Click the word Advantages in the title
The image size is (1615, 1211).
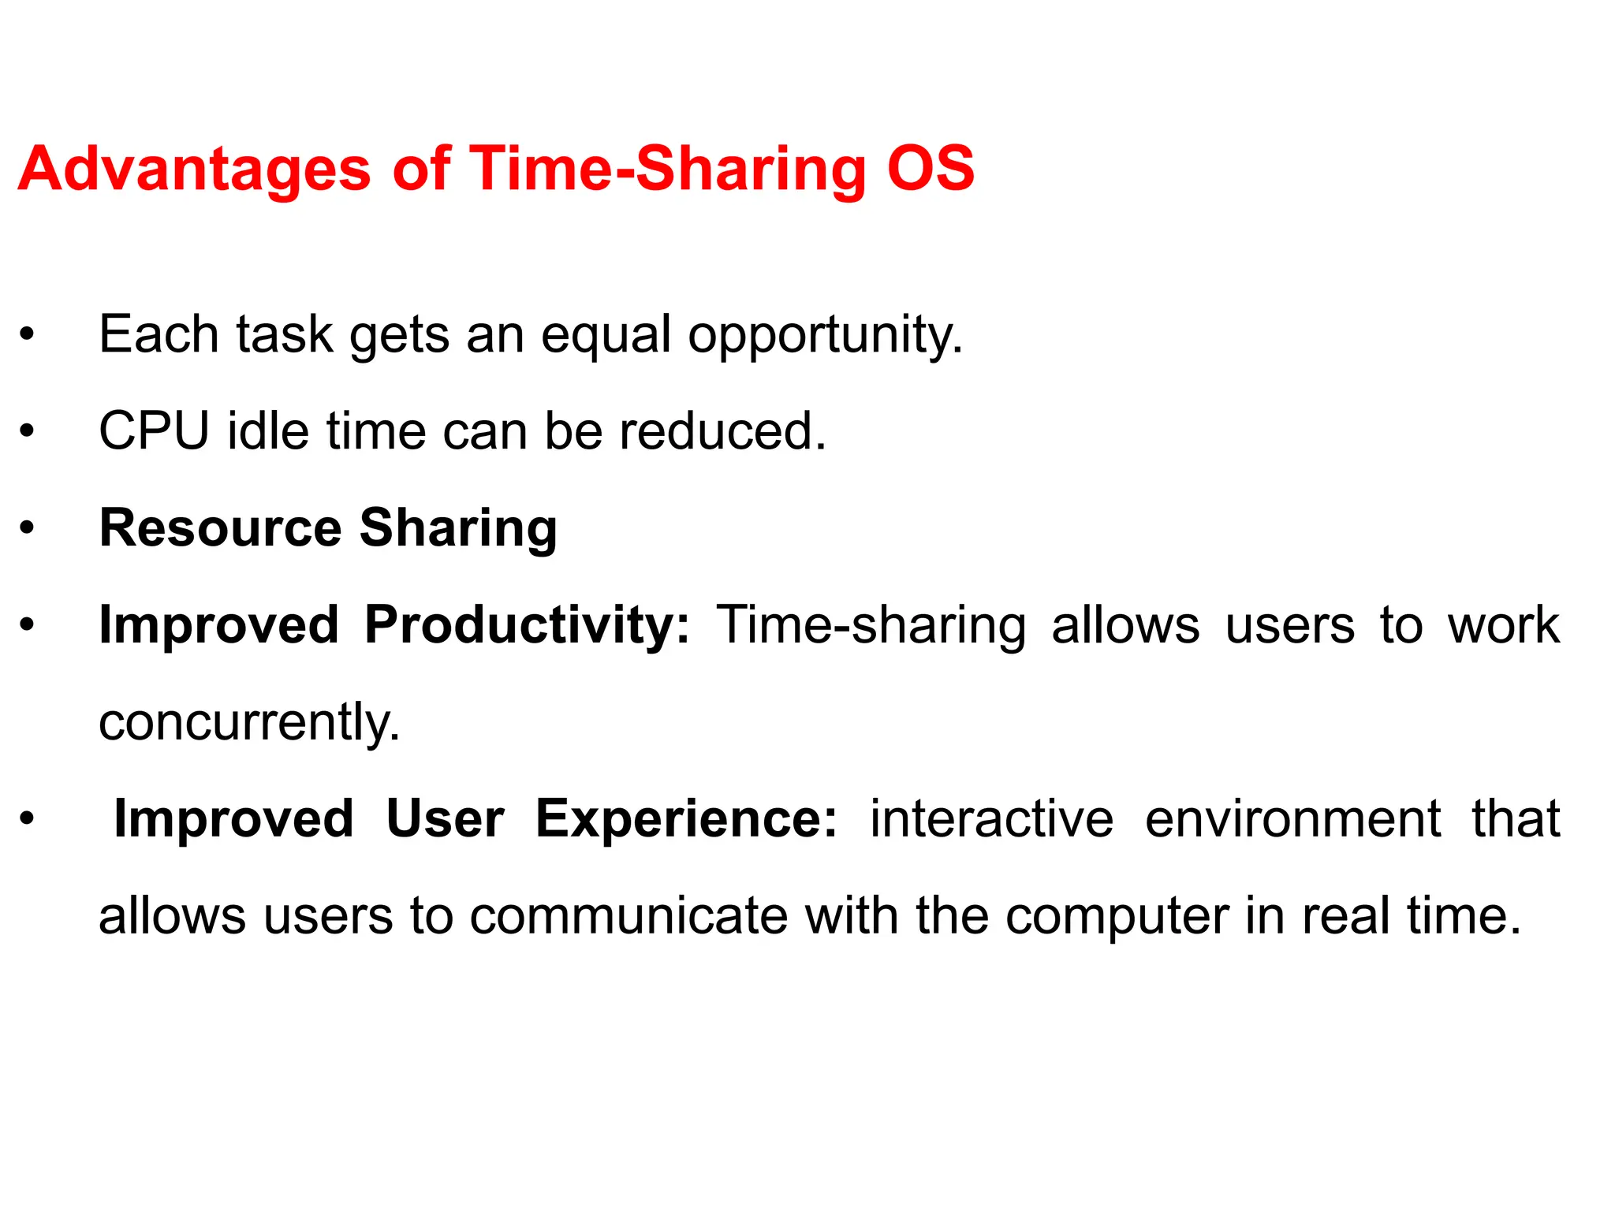point(194,169)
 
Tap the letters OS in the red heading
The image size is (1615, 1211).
point(931,169)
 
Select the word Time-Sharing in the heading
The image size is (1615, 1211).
point(667,169)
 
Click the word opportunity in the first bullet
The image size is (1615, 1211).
point(825,335)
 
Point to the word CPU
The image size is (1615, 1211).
point(155,431)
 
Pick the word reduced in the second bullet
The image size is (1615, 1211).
point(722,431)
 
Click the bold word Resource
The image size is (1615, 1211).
point(221,527)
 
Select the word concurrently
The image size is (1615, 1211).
point(249,723)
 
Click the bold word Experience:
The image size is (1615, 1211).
point(686,819)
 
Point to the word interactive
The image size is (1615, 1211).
point(991,819)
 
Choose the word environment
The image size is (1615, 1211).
point(1292,819)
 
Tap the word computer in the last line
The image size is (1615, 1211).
point(1116,916)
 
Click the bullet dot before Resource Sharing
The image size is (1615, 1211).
point(28,528)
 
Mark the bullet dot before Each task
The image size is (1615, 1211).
point(28,335)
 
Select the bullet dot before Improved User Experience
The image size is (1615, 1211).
point(28,819)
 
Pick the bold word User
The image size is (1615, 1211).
point(445,819)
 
